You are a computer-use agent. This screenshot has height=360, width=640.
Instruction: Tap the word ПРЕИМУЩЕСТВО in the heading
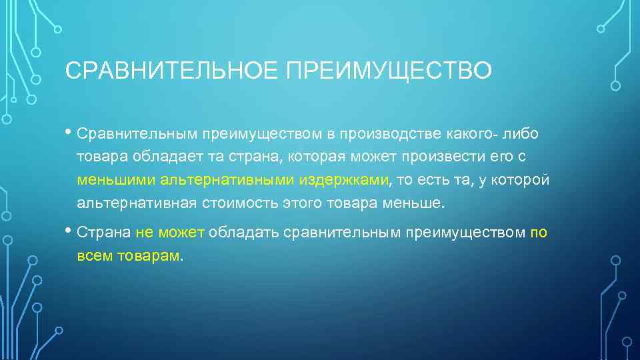[x=389, y=70]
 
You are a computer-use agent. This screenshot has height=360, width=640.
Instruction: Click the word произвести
[x=451, y=157]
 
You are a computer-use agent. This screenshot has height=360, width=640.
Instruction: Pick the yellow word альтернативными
[x=227, y=180]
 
